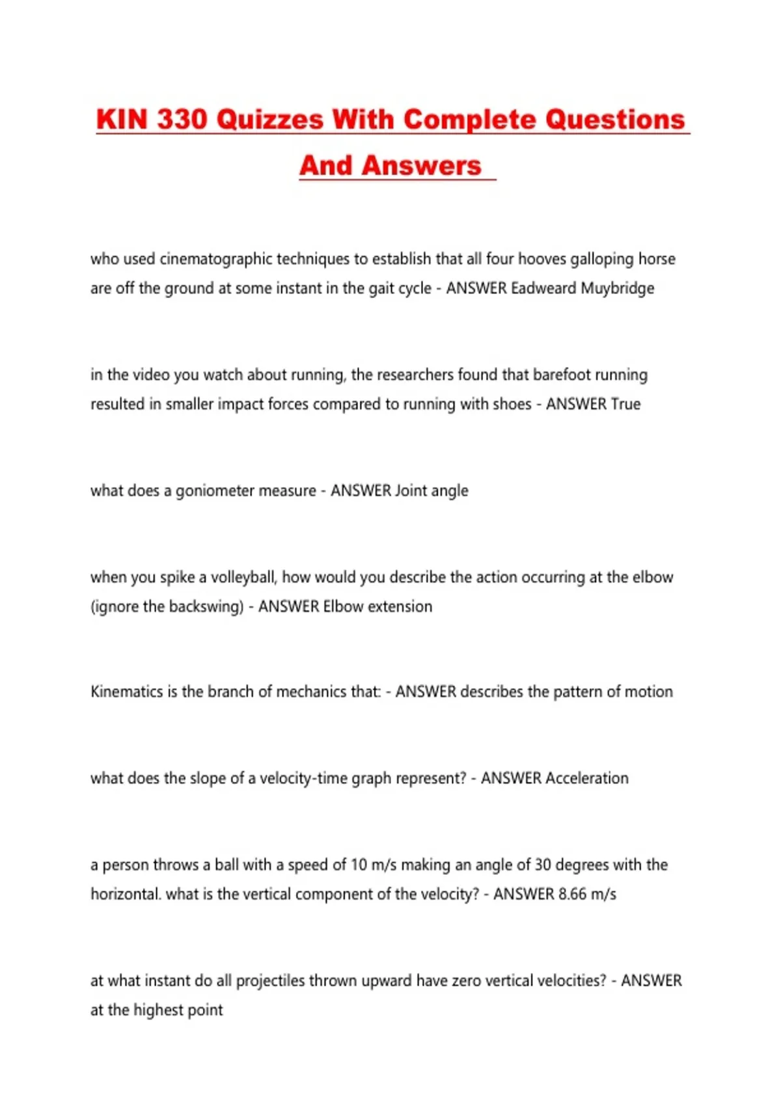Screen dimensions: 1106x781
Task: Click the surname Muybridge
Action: coord(617,288)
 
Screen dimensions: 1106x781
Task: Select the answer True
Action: coord(625,404)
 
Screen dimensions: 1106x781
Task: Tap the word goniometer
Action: coord(213,491)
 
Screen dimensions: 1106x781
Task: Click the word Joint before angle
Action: coord(411,491)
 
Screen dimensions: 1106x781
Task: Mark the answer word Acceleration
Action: coord(587,778)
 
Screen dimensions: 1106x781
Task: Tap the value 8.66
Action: coord(572,894)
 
